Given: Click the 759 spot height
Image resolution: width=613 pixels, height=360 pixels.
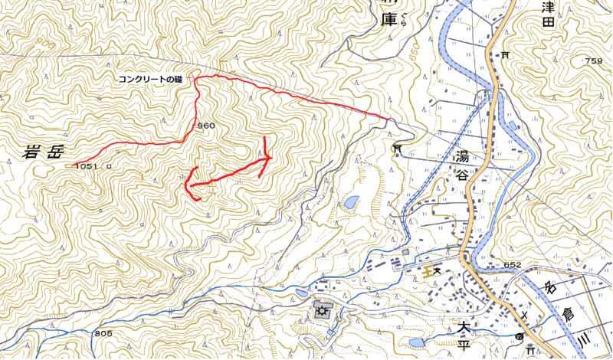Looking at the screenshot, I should coord(592,61).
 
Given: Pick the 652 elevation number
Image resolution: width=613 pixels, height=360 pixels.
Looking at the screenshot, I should coord(512,265).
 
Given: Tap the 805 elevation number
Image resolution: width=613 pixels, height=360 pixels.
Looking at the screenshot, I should coord(104,334).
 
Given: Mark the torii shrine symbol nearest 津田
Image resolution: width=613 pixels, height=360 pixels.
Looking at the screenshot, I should coord(506,55).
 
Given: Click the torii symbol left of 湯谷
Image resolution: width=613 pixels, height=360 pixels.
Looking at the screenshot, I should coord(397,148).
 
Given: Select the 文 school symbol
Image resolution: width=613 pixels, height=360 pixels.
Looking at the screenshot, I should coord(438,270).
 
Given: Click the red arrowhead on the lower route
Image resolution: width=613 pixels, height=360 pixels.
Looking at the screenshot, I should coord(267,158).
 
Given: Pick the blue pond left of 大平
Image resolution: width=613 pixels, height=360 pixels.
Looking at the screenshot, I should coord(418,342).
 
